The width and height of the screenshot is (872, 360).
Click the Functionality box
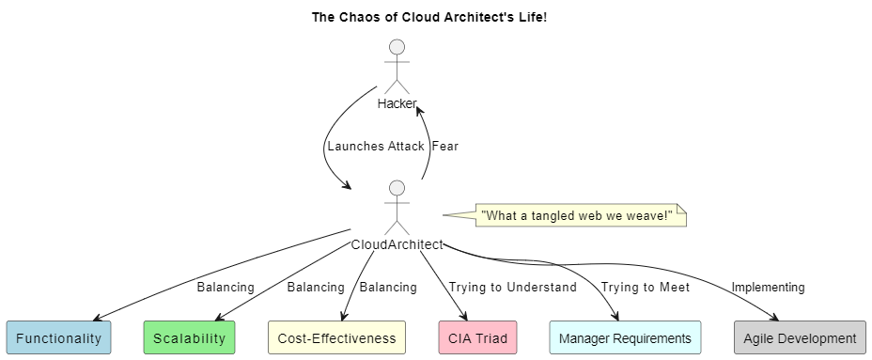click(x=59, y=337)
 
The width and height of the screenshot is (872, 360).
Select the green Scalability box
click(x=189, y=337)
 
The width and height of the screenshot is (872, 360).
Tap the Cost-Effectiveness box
click(x=337, y=337)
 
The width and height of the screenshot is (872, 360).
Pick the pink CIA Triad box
click(x=477, y=337)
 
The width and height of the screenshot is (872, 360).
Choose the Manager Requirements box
click(x=625, y=337)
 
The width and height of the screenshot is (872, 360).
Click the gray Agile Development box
click(x=801, y=337)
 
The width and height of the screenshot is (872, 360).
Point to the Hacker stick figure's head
click(x=397, y=47)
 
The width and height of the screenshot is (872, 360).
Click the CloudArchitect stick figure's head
click(x=397, y=188)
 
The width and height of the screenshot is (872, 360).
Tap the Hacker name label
click(x=397, y=103)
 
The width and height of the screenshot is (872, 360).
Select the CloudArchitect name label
click(x=397, y=244)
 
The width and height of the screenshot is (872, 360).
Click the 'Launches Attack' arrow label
click(x=376, y=147)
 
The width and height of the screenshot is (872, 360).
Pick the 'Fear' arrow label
click(x=445, y=147)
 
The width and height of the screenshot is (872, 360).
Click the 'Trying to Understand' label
click(x=513, y=287)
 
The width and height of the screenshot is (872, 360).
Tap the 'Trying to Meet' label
click(x=646, y=287)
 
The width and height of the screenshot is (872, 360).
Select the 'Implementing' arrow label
click(x=768, y=287)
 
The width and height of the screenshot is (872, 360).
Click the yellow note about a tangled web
click(x=581, y=215)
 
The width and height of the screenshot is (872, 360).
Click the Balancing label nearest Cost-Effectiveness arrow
click(x=388, y=287)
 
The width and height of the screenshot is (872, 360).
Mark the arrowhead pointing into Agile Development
click(x=773, y=317)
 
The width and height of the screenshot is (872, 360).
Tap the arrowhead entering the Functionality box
click(x=99, y=317)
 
